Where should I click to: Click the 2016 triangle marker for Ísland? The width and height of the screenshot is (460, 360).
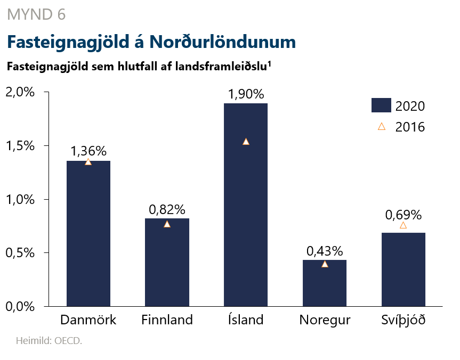click(x=246, y=142)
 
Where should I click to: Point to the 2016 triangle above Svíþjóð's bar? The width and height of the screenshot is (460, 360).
click(x=403, y=225)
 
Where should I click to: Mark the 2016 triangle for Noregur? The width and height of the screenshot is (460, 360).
click(x=325, y=264)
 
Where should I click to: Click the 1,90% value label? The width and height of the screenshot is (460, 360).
click(x=246, y=95)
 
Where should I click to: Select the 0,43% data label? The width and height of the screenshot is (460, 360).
click(x=325, y=251)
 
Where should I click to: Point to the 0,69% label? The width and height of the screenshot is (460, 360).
click(x=403, y=215)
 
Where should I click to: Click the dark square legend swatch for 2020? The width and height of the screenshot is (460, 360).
click(x=381, y=105)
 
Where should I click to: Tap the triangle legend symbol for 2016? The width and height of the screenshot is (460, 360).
click(x=381, y=127)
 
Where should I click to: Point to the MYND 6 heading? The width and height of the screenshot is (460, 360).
click(x=36, y=15)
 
